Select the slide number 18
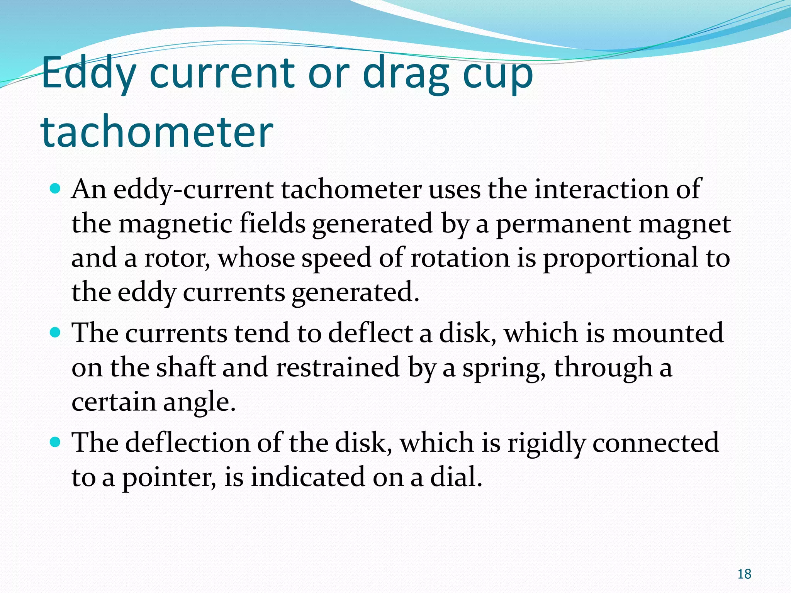[744, 574]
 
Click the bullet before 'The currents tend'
[56, 332]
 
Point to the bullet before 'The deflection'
[56, 442]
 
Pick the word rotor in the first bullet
[176, 258]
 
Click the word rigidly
[546, 443]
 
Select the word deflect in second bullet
[370, 333]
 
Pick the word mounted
[668, 333]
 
